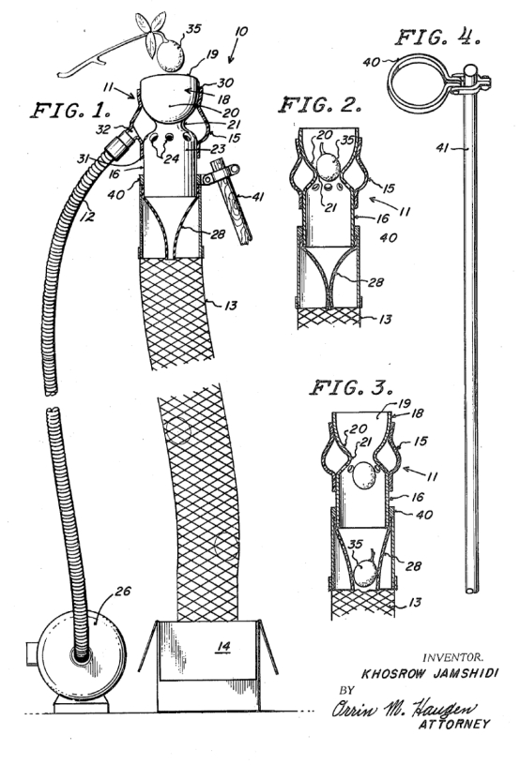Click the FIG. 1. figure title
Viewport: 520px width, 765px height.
(70, 111)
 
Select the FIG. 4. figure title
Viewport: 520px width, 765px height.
(437, 37)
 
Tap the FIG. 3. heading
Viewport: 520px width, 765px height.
(351, 388)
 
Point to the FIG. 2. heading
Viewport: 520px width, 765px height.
(320, 105)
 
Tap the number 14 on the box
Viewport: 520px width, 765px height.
(223, 647)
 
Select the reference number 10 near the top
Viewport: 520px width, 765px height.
(240, 32)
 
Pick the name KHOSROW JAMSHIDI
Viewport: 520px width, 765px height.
(430, 674)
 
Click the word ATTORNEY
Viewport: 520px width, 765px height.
(453, 724)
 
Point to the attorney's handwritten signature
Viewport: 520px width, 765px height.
(404, 708)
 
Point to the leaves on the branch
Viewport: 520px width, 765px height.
(150, 30)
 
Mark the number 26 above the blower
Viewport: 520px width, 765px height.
(123, 591)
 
